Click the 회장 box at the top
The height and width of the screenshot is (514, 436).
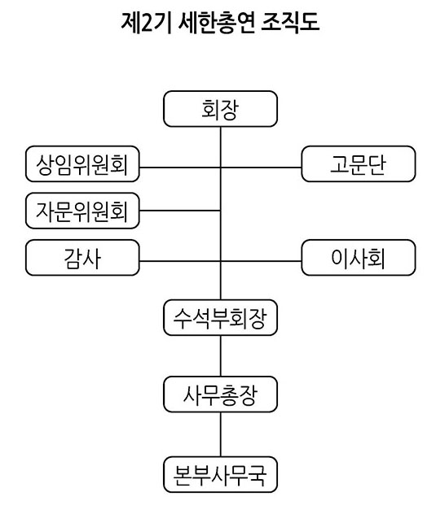click(221, 109)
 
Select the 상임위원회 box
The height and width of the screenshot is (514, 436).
click(82, 164)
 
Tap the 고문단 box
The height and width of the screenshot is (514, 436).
click(359, 164)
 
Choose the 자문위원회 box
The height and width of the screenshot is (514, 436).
click(82, 211)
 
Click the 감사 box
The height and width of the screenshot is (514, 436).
click(82, 258)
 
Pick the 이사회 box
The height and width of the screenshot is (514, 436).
click(359, 258)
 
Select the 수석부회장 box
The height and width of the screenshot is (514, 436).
click(221, 318)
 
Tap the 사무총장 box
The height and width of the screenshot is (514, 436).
click(221, 394)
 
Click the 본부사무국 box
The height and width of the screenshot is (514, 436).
click(221, 474)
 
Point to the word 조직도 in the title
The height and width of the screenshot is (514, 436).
click(290, 23)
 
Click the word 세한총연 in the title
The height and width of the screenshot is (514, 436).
click(217, 23)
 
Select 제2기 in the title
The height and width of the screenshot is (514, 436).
click(146, 23)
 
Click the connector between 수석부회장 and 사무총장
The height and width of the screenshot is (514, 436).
click(221, 356)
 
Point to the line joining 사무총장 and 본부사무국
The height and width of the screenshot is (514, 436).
click(221, 434)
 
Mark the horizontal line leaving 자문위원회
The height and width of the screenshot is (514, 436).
click(180, 211)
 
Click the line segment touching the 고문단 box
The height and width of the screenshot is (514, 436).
click(261, 168)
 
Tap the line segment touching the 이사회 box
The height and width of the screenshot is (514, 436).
click(261, 261)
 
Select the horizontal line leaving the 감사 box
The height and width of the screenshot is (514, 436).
click(180, 261)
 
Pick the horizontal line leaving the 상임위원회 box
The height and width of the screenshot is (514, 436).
click(180, 168)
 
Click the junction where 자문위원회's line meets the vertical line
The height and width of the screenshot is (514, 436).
click(221, 211)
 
